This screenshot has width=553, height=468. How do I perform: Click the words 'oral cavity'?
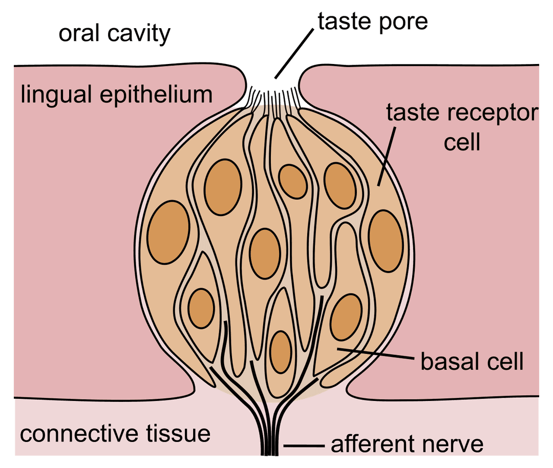[x=114, y=34]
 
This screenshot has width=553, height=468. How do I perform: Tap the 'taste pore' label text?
[x=373, y=22]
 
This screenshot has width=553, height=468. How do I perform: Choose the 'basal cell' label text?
[x=472, y=361]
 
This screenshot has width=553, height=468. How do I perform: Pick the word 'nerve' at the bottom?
[x=454, y=445]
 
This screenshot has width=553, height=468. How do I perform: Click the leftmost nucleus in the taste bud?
[x=168, y=232]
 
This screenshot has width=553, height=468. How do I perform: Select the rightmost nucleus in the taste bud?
[x=385, y=241]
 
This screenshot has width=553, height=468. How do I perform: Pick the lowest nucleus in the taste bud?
[x=281, y=352]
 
